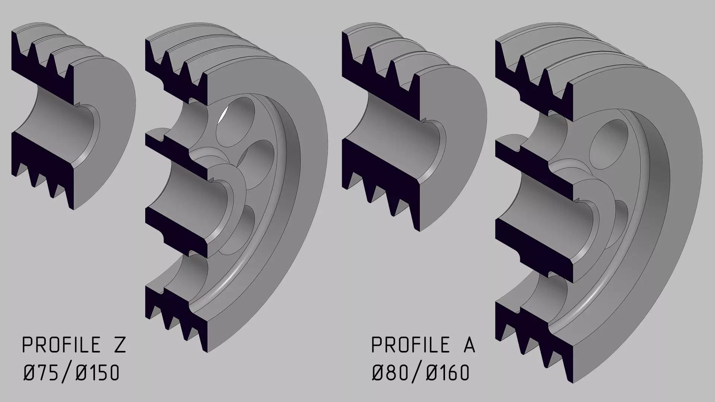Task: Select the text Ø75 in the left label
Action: click(x=41, y=373)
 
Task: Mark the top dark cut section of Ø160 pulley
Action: click(x=536, y=89)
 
